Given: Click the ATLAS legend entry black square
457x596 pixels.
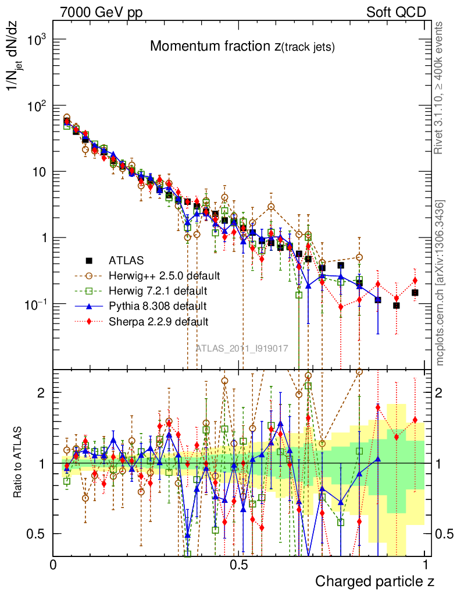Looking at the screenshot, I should (x=90, y=260).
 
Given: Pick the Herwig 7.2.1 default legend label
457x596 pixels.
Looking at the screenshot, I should (x=158, y=290).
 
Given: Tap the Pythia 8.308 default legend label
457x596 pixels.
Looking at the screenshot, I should (x=157, y=306).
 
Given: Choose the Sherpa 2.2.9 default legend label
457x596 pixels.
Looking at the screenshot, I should (x=158, y=321).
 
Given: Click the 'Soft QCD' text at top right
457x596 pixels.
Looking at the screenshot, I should (x=396, y=12).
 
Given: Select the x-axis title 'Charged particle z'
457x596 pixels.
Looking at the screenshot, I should (x=374, y=581).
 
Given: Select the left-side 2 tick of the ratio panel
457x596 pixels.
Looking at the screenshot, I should (x=41, y=392).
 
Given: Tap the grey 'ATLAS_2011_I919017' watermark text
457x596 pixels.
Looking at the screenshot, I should (x=242, y=349).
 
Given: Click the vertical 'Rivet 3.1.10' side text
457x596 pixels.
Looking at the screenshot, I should (x=440, y=88).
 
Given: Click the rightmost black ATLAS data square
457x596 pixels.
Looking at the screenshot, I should (x=415, y=293).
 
